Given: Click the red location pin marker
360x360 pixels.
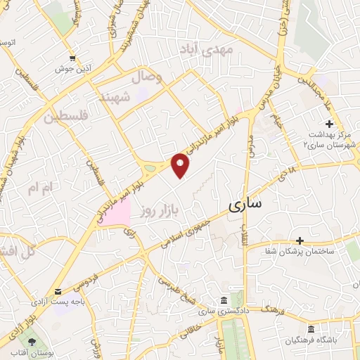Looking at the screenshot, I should click(x=181, y=165).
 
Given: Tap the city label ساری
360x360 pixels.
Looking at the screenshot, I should click(x=245, y=204).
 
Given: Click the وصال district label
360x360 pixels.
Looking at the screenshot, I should click(x=146, y=77).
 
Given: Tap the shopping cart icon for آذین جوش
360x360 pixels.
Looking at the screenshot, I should click(x=72, y=58).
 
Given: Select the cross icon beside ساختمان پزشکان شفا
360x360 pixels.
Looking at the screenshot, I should click(x=300, y=240).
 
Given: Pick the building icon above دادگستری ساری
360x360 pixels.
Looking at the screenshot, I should click(x=224, y=300).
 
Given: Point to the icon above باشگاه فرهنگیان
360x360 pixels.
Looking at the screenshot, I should click(x=311, y=329).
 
